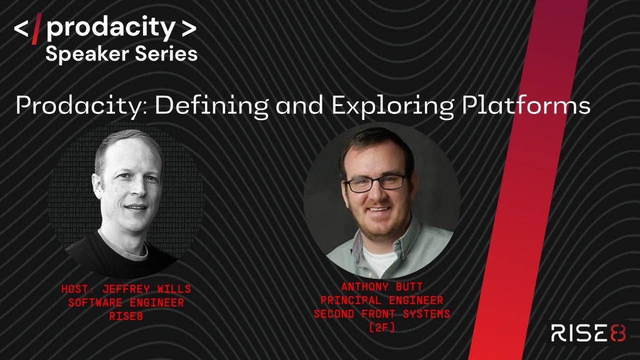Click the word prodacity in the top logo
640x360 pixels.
pyautogui.click(x=110, y=29)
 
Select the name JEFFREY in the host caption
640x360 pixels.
pyautogui.click(x=124, y=289)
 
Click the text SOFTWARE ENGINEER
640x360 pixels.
pyautogui.click(x=126, y=302)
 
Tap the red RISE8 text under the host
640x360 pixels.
pyautogui.click(x=126, y=315)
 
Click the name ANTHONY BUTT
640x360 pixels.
pyautogui.click(x=381, y=287)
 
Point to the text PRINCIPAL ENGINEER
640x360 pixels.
pyautogui.click(x=381, y=300)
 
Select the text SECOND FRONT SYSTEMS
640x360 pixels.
pyautogui.click(x=381, y=314)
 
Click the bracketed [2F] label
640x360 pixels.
pyautogui.click(x=381, y=327)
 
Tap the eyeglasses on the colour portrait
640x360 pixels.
pyautogui.click(x=376, y=182)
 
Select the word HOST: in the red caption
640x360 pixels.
pyautogui.click(x=80, y=289)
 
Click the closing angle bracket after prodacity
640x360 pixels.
pyautogui.click(x=188, y=29)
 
